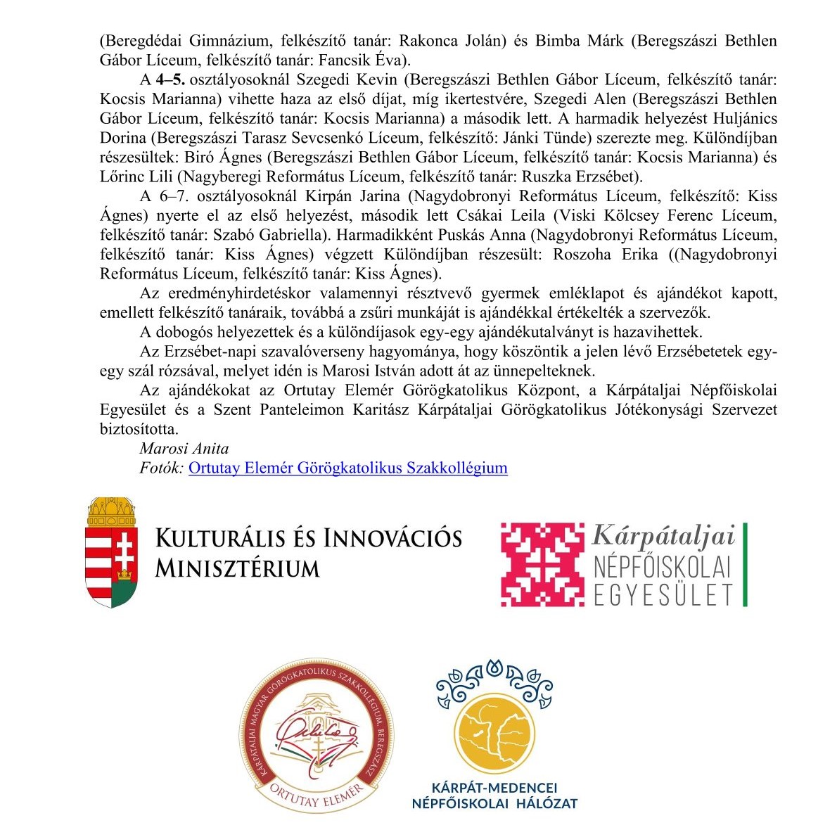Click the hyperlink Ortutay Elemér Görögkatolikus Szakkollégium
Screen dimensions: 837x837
point(347,468)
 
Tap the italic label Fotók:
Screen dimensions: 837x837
point(162,468)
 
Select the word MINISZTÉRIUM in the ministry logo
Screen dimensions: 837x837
point(237,568)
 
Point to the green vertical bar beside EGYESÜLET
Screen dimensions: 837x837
point(744,565)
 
